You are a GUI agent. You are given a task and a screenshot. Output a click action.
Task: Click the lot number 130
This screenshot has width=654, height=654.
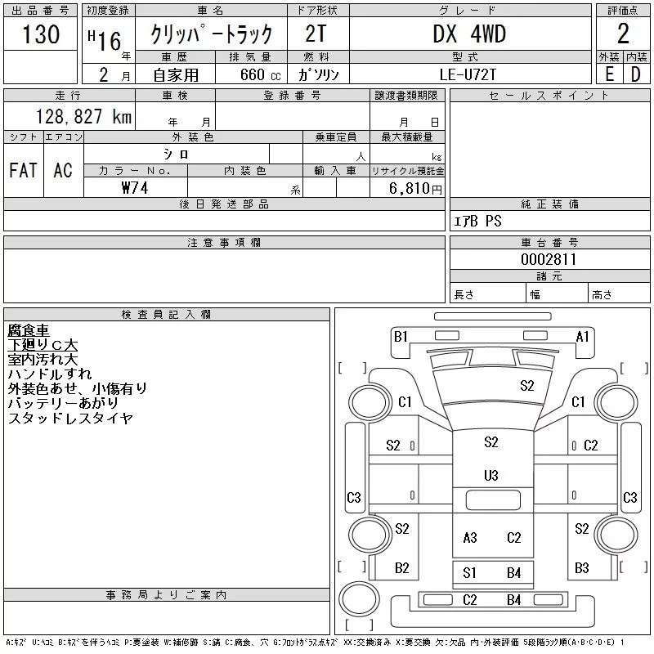pyautogui.click(x=41, y=34)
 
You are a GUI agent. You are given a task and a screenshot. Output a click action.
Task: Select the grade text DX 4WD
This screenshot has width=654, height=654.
pyautogui.click(x=469, y=34)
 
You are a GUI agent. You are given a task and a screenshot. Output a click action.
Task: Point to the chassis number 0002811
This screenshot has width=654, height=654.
pyautogui.click(x=549, y=259)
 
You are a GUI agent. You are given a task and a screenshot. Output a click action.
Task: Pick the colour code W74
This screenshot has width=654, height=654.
pyautogui.click(x=136, y=187)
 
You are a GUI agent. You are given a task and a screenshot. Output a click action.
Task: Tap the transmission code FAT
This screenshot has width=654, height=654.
pyautogui.click(x=23, y=170)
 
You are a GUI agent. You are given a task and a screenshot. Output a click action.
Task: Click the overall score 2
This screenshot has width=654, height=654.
pyautogui.click(x=623, y=34)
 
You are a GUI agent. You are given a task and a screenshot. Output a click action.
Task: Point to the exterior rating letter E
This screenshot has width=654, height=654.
pyautogui.click(x=609, y=74)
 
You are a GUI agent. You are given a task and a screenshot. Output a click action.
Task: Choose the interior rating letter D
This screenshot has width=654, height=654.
pyautogui.click(x=636, y=74)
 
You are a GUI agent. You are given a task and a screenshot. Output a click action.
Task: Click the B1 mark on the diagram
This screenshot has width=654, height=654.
pyautogui.click(x=401, y=336)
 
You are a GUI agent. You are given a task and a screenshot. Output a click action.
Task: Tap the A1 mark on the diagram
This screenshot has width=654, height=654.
pyautogui.click(x=583, y=336)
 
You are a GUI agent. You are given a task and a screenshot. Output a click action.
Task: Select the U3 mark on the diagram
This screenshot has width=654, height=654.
pyautogui.click(x=491, y=476)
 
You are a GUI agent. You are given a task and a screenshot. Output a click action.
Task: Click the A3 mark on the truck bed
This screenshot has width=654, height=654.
pyautogui.click(x=470, y=537)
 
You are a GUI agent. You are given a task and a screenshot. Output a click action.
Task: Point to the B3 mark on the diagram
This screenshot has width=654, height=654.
pyautogui.click(x=582, y=567)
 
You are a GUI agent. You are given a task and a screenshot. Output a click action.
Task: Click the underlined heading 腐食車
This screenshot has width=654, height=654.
pyautogui.click(x=29, y=330)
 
